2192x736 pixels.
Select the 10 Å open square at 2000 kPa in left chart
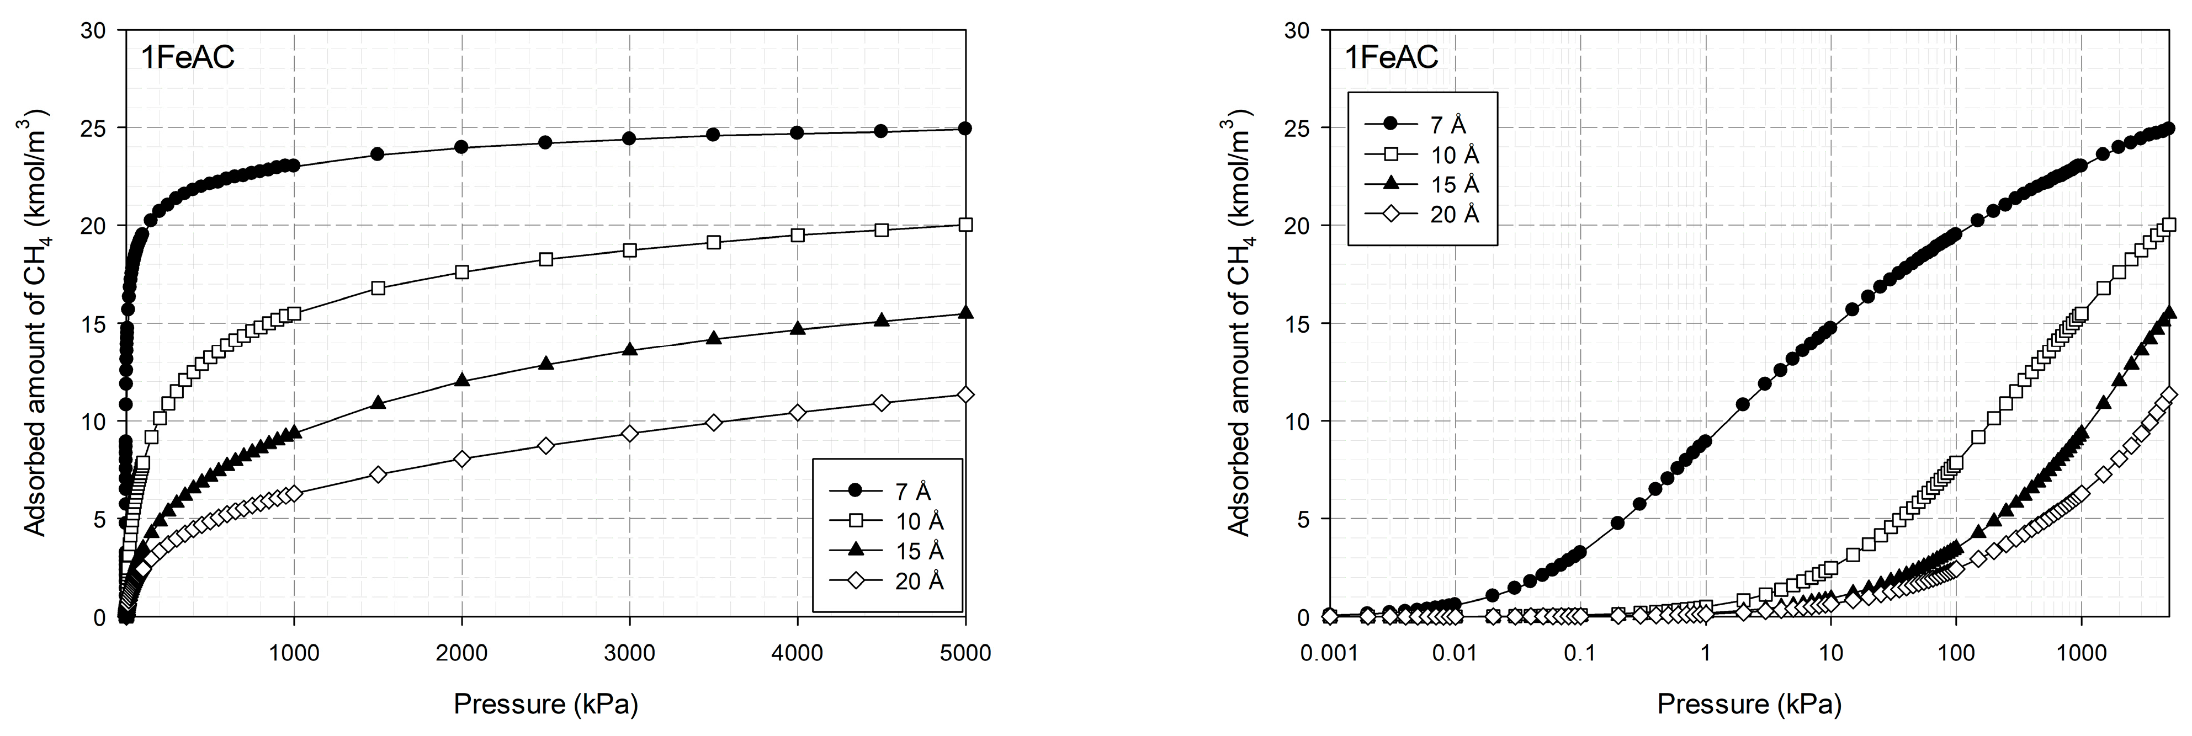[x=462, y=273]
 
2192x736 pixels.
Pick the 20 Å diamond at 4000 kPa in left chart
[x=797, y=413]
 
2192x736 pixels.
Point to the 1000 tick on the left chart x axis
[x=294, y=653]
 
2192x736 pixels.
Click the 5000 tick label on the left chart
[x=965, y=653]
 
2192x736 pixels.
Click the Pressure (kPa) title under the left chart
[x=545, y=703]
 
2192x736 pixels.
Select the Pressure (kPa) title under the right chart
[x=1749, y=703]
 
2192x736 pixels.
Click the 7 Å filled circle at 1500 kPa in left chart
[x=378, y=154]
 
